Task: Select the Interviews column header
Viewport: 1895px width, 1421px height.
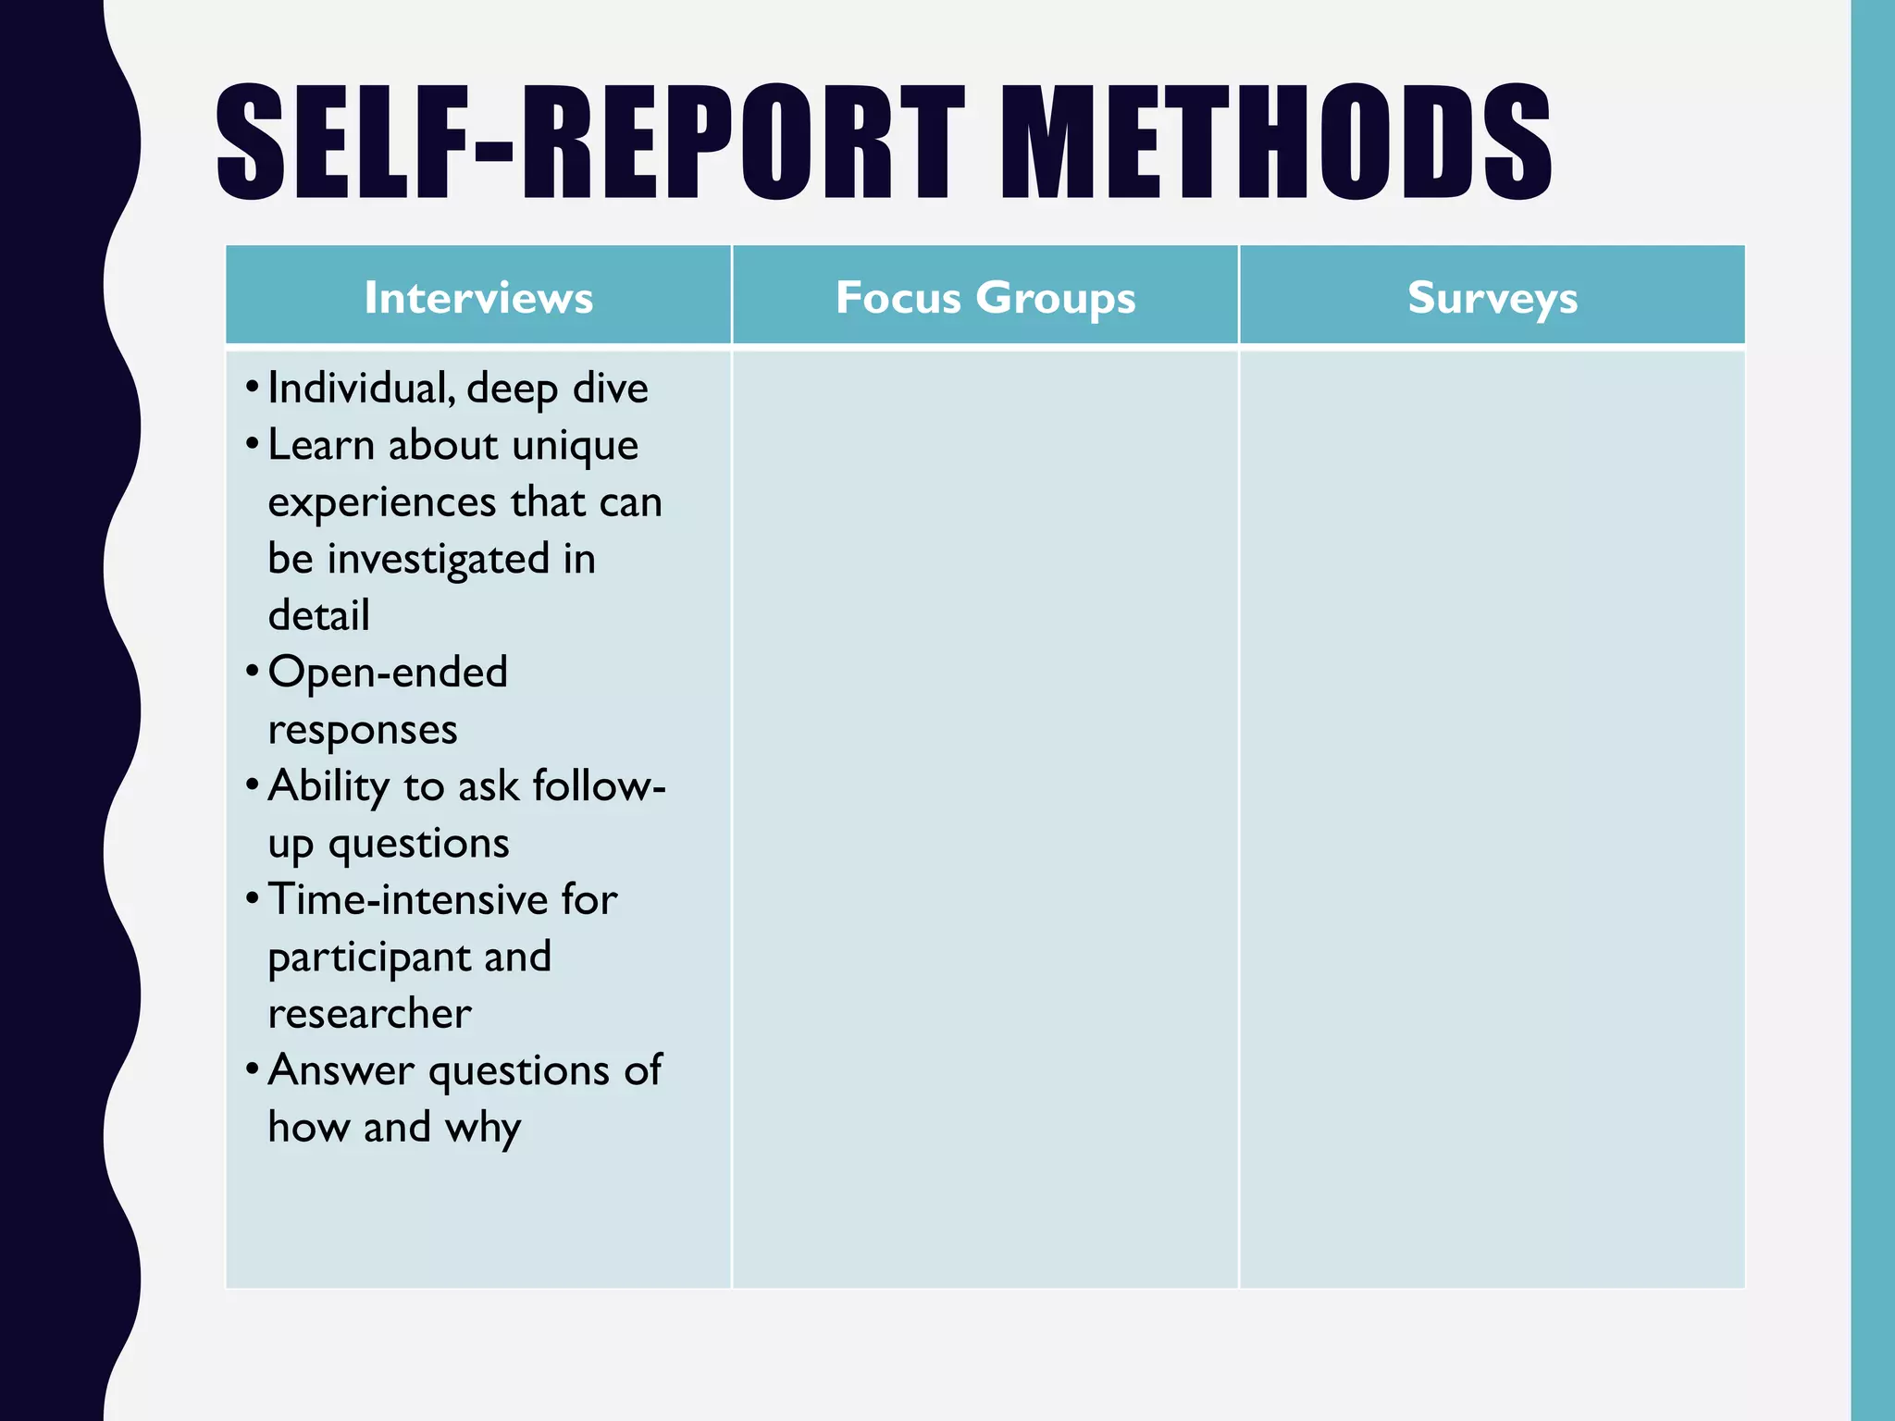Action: pos(478,298)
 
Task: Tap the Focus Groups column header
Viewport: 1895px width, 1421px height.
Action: pos(985,298)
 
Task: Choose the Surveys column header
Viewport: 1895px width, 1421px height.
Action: pos(1492,298)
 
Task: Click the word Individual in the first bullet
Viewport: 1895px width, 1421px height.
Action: pos(361,389)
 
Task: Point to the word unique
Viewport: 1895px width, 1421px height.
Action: pos(575,446)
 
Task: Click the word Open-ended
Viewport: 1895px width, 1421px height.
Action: pos(388,673)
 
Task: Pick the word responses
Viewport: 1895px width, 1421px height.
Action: pos(363,730)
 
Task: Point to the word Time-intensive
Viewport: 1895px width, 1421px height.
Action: pos(408,900)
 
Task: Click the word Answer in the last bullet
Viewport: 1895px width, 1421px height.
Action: pos(341,1071)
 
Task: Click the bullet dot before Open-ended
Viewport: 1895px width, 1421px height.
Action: pos(252,671)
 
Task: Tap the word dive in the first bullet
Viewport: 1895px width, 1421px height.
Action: pos(610,389)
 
